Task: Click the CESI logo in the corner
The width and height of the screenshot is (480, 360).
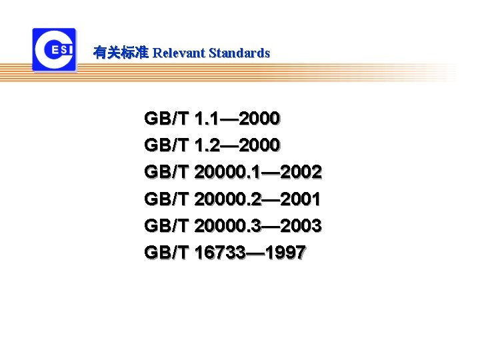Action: [54, 49]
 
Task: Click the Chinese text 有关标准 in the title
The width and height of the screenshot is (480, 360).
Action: [121, 53]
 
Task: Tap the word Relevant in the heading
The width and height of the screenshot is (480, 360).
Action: [179, 53]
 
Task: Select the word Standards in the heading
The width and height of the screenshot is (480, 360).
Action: [239, 53]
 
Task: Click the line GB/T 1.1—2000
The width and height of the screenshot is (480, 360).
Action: [212, 119]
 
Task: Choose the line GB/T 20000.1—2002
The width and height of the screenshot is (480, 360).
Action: [233, 173]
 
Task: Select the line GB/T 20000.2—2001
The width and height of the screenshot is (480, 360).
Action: [233, 199]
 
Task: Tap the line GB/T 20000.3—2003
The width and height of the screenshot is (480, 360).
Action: [233, 226]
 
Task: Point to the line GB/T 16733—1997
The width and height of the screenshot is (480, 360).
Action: [225, 253]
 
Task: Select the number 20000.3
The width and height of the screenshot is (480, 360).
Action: [226, 226]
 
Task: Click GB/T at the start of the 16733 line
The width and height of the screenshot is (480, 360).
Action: [166, 253]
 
